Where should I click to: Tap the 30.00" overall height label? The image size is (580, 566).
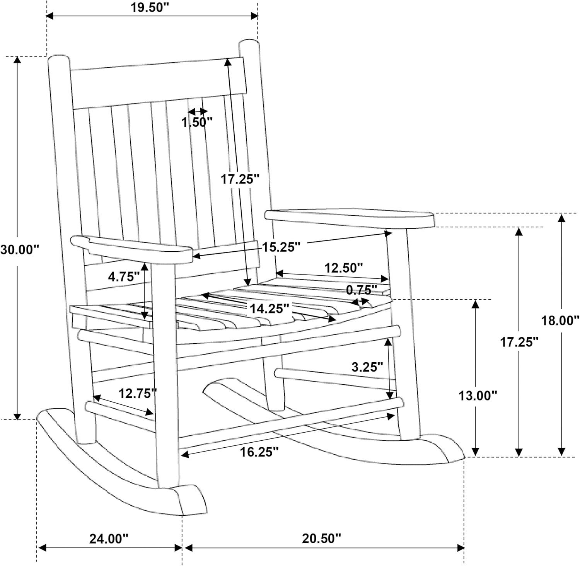tap(20, 249)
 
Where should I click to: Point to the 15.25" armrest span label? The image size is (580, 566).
tap(281, 247)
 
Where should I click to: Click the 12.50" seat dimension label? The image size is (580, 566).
tap(343, 268)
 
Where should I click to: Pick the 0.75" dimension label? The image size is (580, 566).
tap(361, 290)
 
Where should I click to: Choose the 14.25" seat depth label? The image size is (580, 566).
tap(270, 309)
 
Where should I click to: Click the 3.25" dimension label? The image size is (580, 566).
tap(367, 367)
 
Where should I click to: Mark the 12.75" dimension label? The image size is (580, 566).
tap(138, 393)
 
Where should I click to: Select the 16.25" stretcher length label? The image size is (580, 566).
tap(259, 452)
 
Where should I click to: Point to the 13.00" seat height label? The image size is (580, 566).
tap(478, 396)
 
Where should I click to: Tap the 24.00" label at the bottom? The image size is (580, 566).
tap(109, 539)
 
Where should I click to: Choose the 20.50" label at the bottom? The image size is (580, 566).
tap(322, 539)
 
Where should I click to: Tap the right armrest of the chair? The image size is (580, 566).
tap(350, 218)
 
